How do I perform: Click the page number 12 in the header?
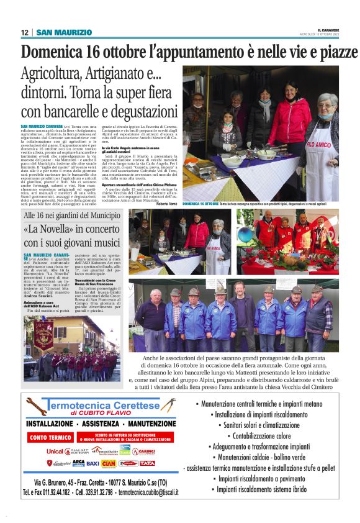[x=24, y=32]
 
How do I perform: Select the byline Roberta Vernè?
[x=166, y=203]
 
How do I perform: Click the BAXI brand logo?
[x=92, y=463]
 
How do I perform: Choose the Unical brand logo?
[x=55, y=452]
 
